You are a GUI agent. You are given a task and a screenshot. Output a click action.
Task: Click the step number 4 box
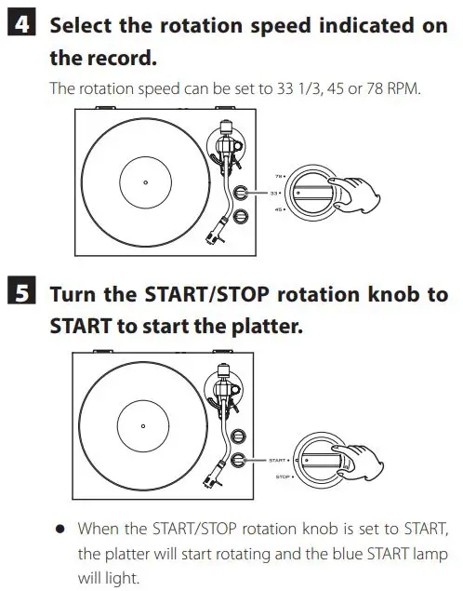pyautogui.click(x=18, y=25)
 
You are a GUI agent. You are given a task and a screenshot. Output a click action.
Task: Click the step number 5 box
pyautogui.click(x=18, y=295)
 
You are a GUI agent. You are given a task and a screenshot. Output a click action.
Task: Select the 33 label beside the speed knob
pyautogui.click(x=274, y=193)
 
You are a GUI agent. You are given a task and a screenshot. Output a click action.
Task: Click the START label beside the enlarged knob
pyautogui.click(x=277, y=460)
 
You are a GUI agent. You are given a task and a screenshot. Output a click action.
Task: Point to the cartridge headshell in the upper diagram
pyautogui.click(x=221, y=233)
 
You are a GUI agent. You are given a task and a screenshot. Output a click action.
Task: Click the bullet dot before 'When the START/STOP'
pyautogui.click(x=60, y=529)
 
